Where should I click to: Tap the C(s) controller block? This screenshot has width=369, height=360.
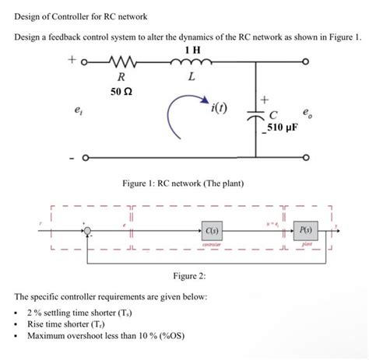(210, 230)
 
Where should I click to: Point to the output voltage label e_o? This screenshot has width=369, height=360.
(311, 112)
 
